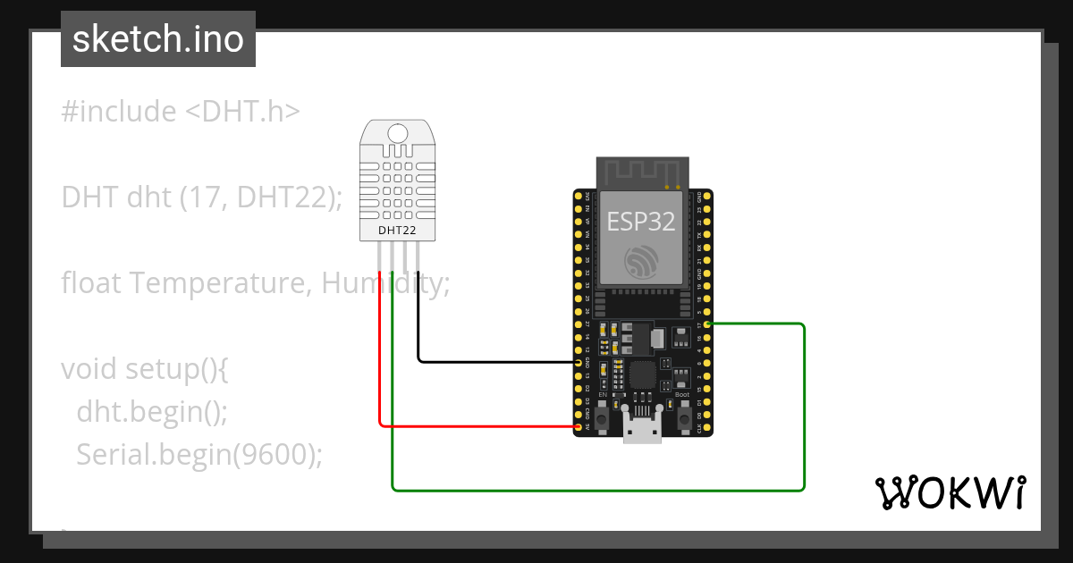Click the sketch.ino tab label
pyautogui.click(x=157, y=39)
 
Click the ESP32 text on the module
pyautogui.click(x=640, y=221)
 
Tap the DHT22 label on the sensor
pyautogui.click(x=396, y=230)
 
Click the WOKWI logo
pyautogui.click(x=949, y=492)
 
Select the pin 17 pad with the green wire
pyautogui.click(x=707, y=324)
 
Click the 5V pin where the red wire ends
pyautogui.click(x=578, y=427)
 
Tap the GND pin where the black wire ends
pyautogui.click(x=578, y=363)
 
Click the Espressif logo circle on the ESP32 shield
pyautogui.click(x=641, y=260)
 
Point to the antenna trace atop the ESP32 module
pyautogui.click(x=643, y=171)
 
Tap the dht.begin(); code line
pyautogui.click(x=152, y=411)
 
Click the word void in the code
pyautogui.click(x=89, y=368)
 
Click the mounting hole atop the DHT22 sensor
pyautogui.click(x=400, y=133)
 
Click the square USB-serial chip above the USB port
pyautogui.click(x=643, y=375)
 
